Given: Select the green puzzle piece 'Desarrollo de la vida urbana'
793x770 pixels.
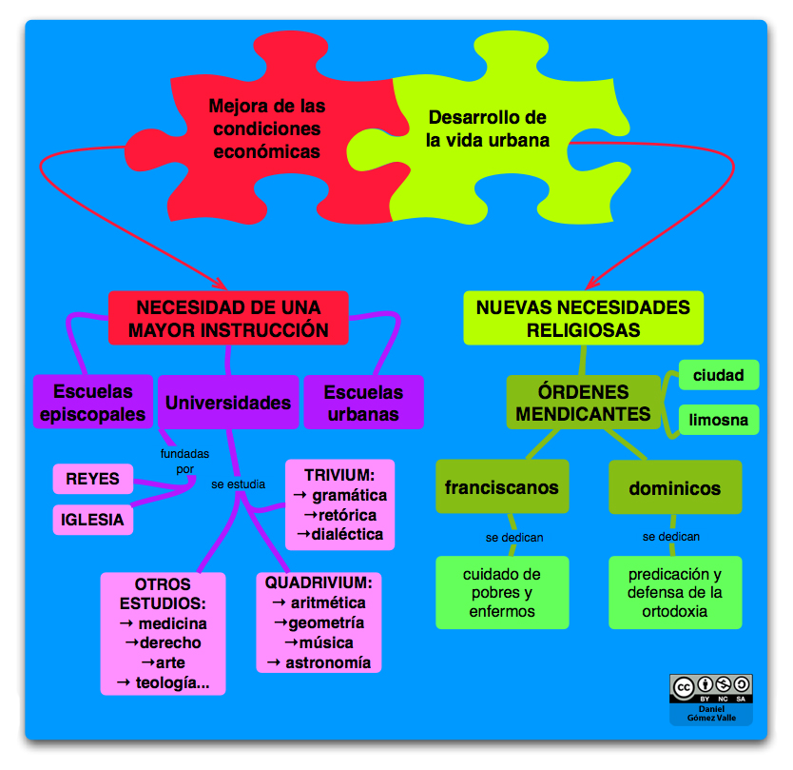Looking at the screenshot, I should tap(488, 129).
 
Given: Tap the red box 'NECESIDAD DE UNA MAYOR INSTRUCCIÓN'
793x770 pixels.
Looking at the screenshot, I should tap(228, 319).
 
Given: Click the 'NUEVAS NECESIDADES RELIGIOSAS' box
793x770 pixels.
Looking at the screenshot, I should tap(583, 319).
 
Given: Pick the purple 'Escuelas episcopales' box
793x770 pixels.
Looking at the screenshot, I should tap(93, 403).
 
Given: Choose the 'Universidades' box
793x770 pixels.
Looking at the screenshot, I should tap(228, 403).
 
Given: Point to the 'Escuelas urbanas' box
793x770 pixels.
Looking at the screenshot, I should tap(363, 403).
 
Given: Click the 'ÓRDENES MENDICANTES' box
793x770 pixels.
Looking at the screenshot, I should tap(583, 403).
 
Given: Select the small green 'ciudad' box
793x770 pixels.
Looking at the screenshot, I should tap(718, 375).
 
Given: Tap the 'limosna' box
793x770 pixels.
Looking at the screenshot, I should tap(718, 420).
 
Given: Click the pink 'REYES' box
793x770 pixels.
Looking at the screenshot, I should tap(92, 478).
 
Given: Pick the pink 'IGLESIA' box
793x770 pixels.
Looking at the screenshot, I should tap(92, 520).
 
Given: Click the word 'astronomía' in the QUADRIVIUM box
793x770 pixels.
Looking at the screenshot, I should tap(328, 662).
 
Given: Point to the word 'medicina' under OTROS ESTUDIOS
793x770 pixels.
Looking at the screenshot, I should tap(171, 624).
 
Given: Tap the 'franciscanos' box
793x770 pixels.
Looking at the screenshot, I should tap(502, 488).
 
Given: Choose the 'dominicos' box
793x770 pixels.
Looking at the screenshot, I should tap(674, 488).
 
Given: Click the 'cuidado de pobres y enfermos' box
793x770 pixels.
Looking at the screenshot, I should tap(502, 592).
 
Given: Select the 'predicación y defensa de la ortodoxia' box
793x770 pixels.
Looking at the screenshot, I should tap(675, 592).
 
